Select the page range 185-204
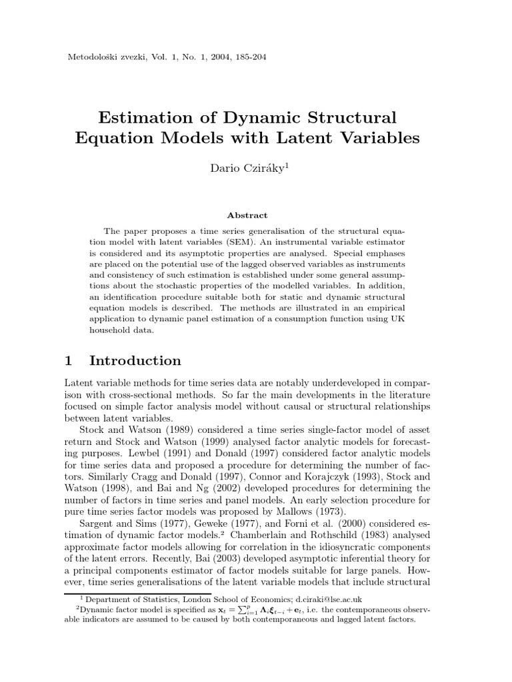click(x=247, y=57)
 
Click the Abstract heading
click(x=247, y=215)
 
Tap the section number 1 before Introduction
click(x=68, y=360)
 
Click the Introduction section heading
click(x=135, y=360)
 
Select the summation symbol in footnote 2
click(x=195, y=610)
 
